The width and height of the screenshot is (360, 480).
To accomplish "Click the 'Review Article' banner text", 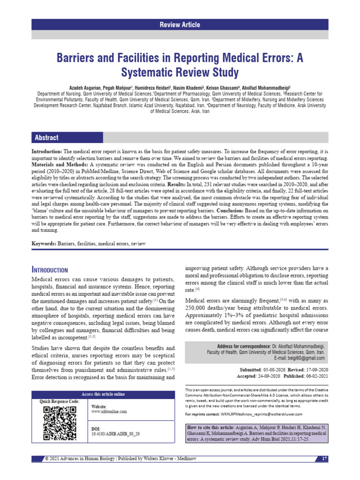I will point(180,25).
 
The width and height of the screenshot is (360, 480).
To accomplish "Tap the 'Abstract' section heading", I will point(46,137).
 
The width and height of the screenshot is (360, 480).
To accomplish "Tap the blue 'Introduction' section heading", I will point(50,270).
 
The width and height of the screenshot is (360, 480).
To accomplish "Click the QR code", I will point(60,423).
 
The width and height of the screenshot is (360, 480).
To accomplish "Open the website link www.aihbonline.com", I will point(109,411).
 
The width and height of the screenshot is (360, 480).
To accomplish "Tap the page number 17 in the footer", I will point(324,458).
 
